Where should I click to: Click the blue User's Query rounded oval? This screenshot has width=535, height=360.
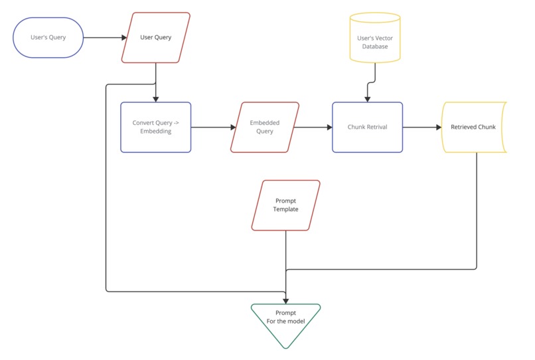pos(48,38)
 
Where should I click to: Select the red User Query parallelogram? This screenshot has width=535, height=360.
pos(155,38)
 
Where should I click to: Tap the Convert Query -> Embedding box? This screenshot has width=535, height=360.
pos(155,127)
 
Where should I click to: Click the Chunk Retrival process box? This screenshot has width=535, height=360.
pos(367,127)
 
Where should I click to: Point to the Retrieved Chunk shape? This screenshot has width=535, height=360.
pos(474,127)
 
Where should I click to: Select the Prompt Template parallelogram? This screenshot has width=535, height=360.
pos(286,205)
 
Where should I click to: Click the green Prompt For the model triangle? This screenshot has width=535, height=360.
pos(285,322)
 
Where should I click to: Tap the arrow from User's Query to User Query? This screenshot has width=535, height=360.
pos(104,38)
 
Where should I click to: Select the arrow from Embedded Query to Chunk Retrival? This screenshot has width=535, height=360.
pos(313,127)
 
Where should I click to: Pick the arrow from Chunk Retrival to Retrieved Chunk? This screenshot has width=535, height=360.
pos(422,127)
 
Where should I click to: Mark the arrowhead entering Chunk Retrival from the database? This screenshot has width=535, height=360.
pos(367,98)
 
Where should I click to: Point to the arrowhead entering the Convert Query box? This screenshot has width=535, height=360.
pos(155,98)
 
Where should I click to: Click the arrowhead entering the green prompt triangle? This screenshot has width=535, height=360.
pos(285,300)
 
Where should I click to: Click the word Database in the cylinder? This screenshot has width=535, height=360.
pos(376,46)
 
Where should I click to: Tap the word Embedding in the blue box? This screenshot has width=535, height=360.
pos(155,132)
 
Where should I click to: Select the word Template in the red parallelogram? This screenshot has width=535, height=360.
pos(286,209)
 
